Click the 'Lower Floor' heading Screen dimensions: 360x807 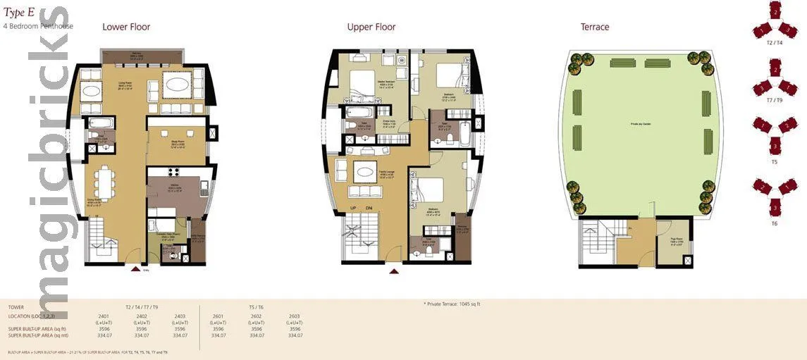coord(126,27)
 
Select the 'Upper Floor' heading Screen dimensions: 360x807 coord(371,27)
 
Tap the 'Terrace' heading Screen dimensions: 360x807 coord(594,27)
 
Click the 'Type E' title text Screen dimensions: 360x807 coord(19,12)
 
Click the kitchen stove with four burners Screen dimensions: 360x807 coord(173,171)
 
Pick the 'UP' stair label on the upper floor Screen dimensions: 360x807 coord(353,208)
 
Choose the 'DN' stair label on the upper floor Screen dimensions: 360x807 coord(368,208)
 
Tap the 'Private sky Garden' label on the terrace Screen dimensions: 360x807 coord(640,125)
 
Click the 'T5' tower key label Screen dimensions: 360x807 coord(774,161)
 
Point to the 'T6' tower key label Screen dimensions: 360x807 coord(774,223)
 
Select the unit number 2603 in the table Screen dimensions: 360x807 coord(295,316)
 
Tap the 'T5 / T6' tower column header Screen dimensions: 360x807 coord(257,307)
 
